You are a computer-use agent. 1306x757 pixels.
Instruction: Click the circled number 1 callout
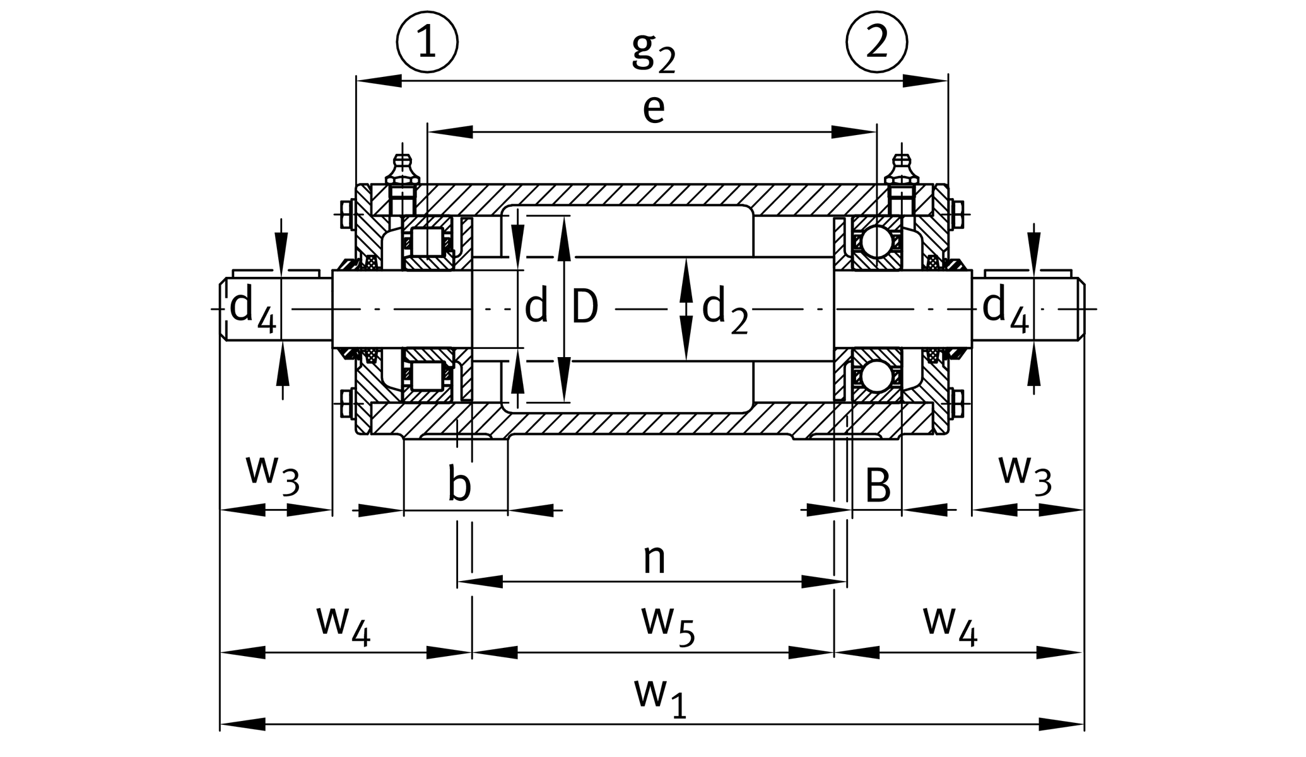(427, 42)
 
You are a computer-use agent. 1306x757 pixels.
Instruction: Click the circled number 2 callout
(876, 42)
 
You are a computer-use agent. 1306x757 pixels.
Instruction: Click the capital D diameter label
(585, 308)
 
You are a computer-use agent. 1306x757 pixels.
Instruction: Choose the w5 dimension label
(668, 624)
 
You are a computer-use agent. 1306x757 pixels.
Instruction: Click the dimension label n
(654, 559)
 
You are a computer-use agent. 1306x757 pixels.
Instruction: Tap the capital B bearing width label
(878, 486)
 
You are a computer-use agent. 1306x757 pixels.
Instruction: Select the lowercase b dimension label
(459, 485)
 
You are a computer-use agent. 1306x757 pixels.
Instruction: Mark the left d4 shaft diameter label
(252, 309)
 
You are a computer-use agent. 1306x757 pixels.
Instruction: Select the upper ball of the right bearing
(876, 242)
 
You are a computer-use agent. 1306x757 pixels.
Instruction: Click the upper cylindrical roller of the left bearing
(427, 242)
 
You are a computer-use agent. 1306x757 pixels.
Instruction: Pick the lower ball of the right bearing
(876, 377)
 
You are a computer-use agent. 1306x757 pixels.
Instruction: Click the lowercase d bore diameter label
(536, 308)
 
